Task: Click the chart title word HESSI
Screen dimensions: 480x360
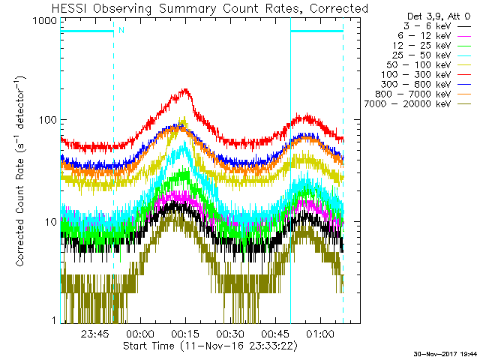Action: click(70, 8)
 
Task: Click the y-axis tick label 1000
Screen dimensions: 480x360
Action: click(45, 21)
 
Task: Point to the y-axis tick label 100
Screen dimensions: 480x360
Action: click(48, 120)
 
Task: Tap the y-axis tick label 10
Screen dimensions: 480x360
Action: click(51, 222)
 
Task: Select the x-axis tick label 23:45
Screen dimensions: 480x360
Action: click(95, 333)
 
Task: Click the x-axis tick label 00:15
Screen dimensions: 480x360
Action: click(185, 333)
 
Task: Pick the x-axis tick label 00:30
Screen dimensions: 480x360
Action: click(230, 333)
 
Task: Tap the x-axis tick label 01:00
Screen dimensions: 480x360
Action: click(320, 333)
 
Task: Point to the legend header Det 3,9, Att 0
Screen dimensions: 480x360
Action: click(438, 16)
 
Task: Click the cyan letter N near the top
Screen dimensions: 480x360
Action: click(121, 30)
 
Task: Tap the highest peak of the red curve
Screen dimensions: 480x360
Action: click(185, 89)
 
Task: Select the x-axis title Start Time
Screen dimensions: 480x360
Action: click(148, 346)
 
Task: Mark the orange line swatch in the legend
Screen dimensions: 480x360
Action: click(464, 94)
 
